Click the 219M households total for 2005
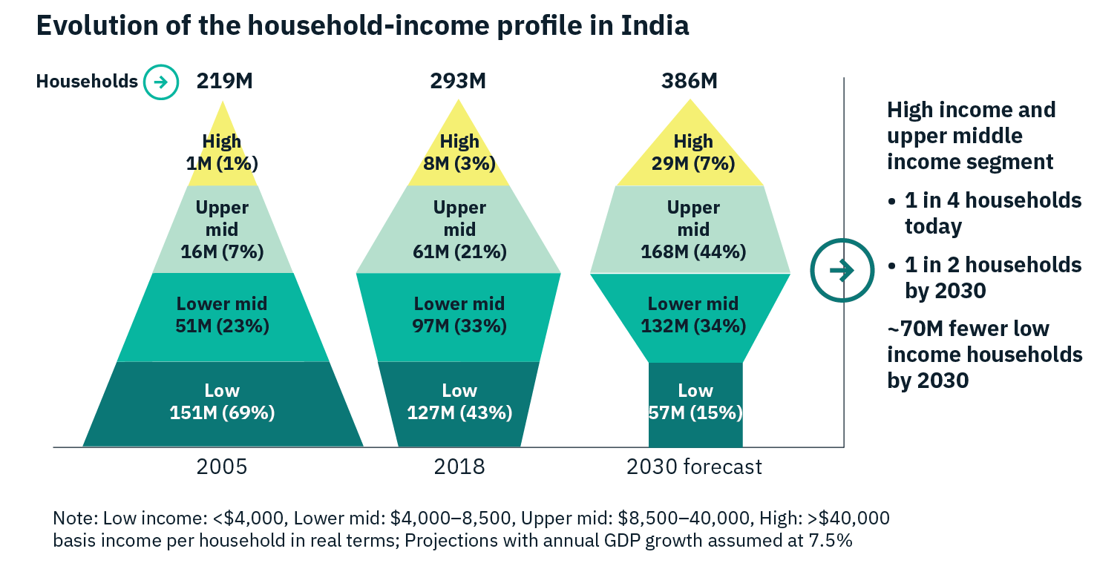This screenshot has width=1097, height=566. [224, 81]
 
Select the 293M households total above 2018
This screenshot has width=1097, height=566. [458, 81]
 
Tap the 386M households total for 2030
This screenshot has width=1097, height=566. [690, 81]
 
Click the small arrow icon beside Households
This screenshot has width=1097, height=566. [161, 82]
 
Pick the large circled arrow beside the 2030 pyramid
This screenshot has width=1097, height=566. [841, 272]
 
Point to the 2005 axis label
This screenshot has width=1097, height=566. [222, 467]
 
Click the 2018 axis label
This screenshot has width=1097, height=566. [459, 467]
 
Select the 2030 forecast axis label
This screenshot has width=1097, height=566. [694, 467]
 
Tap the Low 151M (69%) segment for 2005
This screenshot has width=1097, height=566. [223, 404]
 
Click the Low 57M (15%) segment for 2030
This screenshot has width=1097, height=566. [695, 404]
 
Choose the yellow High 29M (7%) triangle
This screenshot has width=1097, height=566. [693, 152]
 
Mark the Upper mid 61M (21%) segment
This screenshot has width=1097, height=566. [459, 230]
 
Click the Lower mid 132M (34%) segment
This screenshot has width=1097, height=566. [693, 315]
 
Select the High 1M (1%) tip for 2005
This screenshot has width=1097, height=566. [222, 152]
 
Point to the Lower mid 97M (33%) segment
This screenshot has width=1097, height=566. [459, 315]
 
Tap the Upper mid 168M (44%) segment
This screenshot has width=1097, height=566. [693, 230]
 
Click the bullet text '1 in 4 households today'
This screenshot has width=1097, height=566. [992, 213]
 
